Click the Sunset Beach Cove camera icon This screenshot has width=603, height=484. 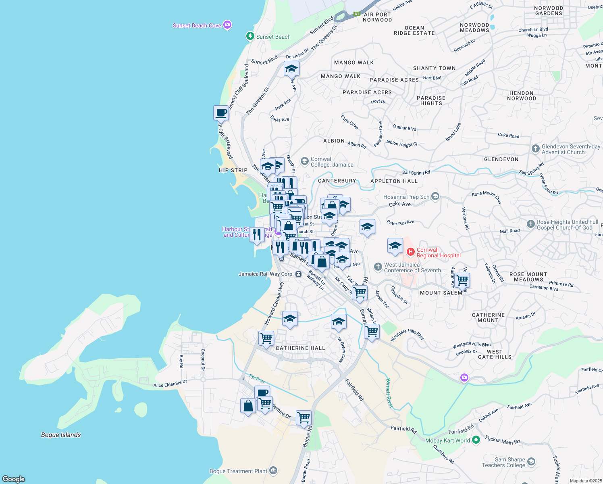click(227, 25)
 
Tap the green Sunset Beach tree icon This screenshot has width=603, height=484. click(250, 37)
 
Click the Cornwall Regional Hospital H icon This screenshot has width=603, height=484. click(410, 252)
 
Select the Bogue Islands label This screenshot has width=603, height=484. click(61, 435)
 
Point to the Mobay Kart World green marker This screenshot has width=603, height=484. click(476, 440)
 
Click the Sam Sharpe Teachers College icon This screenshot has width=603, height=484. click(531, 462)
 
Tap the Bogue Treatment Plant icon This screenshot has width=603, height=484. click(273, 471)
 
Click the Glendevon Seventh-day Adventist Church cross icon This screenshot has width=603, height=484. click(535, 149)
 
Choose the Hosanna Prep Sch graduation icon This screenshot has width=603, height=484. click(435, 196)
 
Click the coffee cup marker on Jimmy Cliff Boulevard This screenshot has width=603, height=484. click(221, 113)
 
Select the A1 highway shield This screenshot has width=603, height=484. click(356, 14)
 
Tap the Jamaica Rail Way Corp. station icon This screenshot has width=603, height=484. click(298, 274)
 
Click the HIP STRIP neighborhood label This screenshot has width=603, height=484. click(233, 170)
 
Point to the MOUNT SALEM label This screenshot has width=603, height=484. click(441, 293)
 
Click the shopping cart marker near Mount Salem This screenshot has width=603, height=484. click(462, 280)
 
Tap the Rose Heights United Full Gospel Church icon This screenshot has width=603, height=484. click(531, 224)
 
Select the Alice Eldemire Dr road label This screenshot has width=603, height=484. click(170, 384)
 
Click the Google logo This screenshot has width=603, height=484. click(14, 479)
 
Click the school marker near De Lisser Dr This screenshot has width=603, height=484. click(291, 69)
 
